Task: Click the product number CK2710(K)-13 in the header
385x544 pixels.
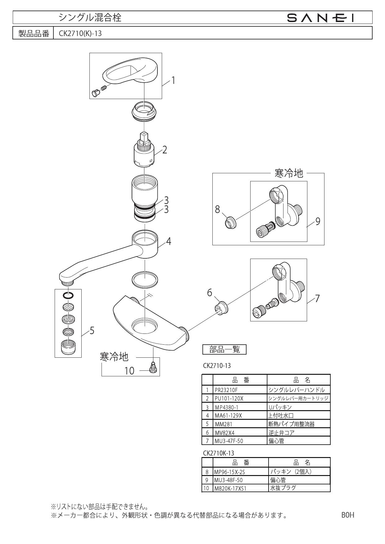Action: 80,34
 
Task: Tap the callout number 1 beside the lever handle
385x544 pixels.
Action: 173,81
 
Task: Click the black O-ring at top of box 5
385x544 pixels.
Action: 68,295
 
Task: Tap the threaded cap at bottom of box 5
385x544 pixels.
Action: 68,347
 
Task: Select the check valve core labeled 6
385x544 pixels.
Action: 221,308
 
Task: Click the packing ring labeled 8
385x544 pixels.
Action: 230,223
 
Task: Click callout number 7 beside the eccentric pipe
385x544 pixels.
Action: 317,299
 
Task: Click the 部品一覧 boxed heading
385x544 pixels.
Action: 224,350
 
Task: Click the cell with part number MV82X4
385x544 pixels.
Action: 240,432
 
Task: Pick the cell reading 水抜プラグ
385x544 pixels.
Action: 299,488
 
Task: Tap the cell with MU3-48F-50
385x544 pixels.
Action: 241,480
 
